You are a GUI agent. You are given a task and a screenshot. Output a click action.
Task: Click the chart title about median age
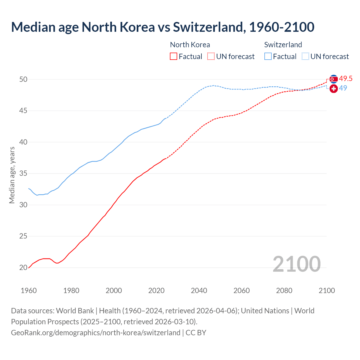pos(163,27)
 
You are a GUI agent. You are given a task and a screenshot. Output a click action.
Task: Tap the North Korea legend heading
pos(190,45)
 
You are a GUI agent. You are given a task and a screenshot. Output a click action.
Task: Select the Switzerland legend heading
pos(283,45)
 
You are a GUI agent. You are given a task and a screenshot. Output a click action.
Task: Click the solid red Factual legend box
pos(174,57)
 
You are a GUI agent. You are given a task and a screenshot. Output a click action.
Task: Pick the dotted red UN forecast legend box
pos(211,57)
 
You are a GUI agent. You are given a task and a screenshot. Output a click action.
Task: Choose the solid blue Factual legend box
pos(268,57)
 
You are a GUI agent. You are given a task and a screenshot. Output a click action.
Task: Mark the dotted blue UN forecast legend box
pos(305,57)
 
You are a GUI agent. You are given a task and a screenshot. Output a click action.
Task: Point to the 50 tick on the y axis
pos(23,79)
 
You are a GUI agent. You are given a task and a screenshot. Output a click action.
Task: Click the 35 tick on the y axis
pos(23,174)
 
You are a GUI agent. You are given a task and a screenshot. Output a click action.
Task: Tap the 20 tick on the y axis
pos(23,267)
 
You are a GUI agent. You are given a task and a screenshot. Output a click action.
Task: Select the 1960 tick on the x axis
pos(29,291)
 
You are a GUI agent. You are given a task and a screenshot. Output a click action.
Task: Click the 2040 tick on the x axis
pos(199,291)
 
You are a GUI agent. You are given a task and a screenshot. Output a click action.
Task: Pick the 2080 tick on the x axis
pos(284,291)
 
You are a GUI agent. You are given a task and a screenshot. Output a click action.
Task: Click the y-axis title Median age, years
pos(12,175)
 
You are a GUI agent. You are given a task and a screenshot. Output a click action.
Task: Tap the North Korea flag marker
pos(334,79)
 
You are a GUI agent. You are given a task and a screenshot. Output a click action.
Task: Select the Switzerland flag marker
pos(334,89)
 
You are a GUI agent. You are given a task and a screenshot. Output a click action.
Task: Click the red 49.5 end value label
pos(346,79)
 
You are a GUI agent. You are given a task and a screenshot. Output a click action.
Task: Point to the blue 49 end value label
pos(343,88)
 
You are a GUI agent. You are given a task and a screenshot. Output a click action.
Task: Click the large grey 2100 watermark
pos(296,264)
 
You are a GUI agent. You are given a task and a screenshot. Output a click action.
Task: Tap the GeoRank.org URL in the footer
pos(96,333)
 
